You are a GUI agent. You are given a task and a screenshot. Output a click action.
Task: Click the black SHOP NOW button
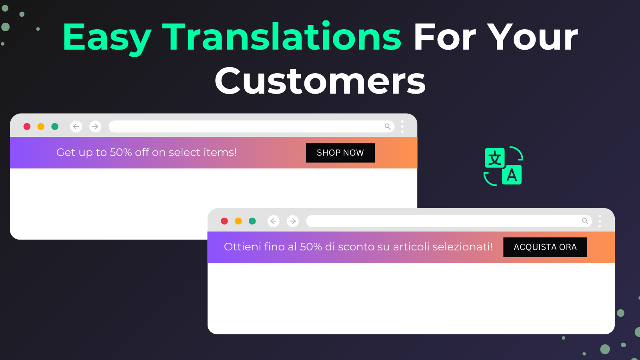click(340, 152)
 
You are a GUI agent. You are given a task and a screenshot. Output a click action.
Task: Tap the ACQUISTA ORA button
click(545, 247)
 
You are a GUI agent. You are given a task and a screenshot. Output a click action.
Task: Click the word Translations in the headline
click(282, 37)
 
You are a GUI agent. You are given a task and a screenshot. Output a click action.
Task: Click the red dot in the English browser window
click(27, 126)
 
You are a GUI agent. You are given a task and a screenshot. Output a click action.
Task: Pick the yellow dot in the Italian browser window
click(238, 221)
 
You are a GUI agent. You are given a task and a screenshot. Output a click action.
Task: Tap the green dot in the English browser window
click(55, 126)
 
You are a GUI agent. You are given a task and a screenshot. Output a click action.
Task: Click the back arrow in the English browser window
click(76, 126)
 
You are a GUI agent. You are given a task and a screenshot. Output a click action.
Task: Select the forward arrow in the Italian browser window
click(292, 221)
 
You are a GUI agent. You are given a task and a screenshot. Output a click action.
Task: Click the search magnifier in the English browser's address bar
click(388, 126)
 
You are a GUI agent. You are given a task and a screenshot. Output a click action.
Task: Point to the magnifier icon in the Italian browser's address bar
click(585, 221)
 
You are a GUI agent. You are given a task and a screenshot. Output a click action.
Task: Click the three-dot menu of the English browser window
click(402, 126)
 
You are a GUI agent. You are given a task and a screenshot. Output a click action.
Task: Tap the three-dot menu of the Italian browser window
click(600, 221)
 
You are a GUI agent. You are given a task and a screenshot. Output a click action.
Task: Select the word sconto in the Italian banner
click(356, 247)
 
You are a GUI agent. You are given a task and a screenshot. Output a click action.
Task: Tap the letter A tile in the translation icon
click(512, 175)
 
